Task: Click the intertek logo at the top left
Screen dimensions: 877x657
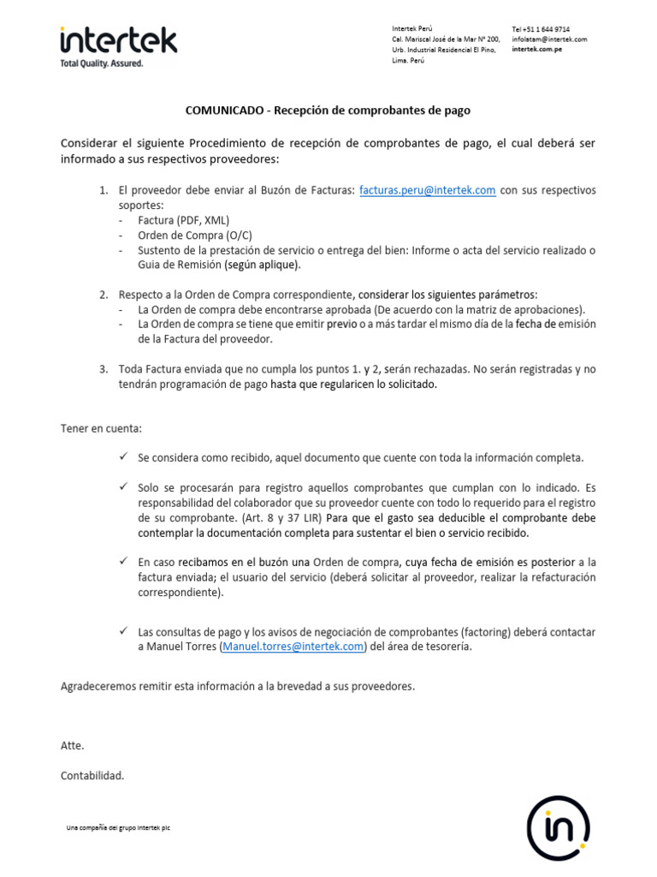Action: [x=118, y=39]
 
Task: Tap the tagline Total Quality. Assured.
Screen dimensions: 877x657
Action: [x=102, y=63]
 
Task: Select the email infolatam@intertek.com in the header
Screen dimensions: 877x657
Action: [x=549, y=39]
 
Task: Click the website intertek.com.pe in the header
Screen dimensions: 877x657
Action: [x=536, y=50]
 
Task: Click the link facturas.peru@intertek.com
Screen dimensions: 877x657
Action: [x=427, y=190]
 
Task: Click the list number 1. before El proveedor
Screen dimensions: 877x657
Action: [x=104, y=190]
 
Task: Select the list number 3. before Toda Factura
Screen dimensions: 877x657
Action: [x=104, y=369]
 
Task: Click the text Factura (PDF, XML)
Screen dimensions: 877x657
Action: [x=183, y=220]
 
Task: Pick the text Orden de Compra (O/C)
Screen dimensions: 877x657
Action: [x=195, y=235]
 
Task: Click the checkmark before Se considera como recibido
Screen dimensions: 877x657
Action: [x=124, y=457]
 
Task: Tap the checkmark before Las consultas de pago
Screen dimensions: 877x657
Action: [x=124, y=631]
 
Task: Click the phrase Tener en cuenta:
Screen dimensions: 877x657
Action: [x=101, y=427]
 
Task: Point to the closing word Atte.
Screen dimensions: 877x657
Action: [x=73, y=745]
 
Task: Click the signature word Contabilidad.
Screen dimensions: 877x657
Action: [x=92, y=775]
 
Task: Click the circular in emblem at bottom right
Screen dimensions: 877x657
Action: [x=557, y=828]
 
